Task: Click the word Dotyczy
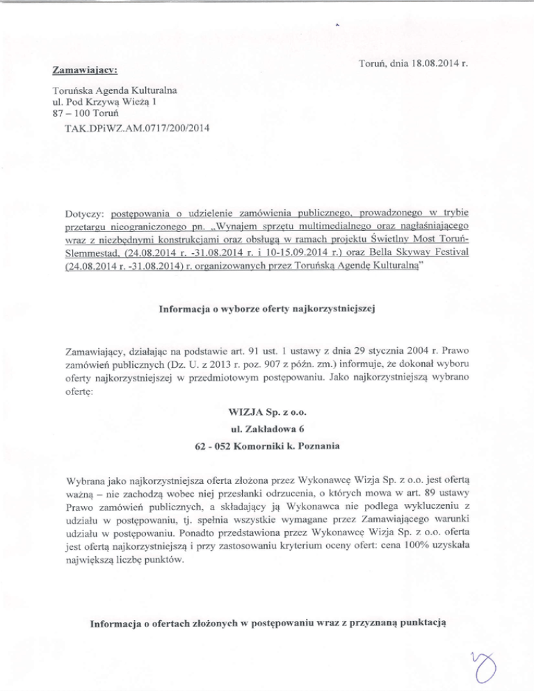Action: [x=74, y=212]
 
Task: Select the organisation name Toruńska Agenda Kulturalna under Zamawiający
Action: [x=115, y=90]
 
